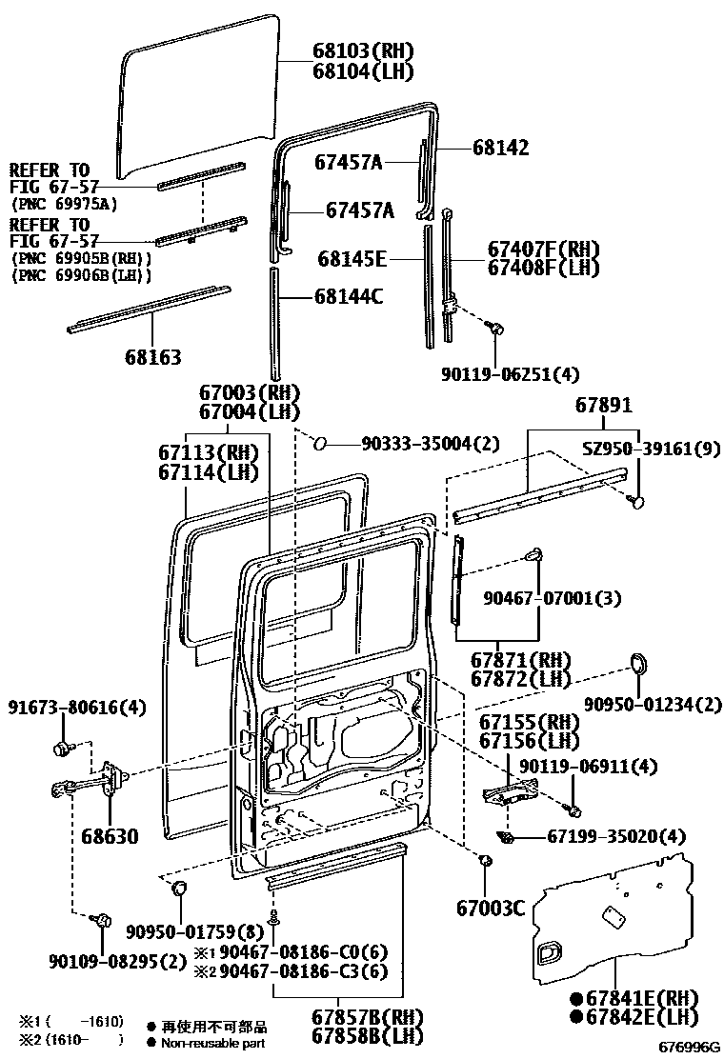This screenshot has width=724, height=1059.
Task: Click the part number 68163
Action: pyautogui.click(x=152, y=357)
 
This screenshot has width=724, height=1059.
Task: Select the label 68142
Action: pyautogui.click(x=500, y=149)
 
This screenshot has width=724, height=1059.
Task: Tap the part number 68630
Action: pyautogui.click(x=108, y=837)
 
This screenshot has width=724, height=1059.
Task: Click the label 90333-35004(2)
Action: pyautogui.click(x=430, y=443)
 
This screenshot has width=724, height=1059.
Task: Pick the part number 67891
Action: pyautogui.click(x=602, y=405)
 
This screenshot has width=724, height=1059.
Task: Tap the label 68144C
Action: pyautogui.click(x=348, y=296)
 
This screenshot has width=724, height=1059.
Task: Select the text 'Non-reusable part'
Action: pyautogui.click(x=213, y=1043)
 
